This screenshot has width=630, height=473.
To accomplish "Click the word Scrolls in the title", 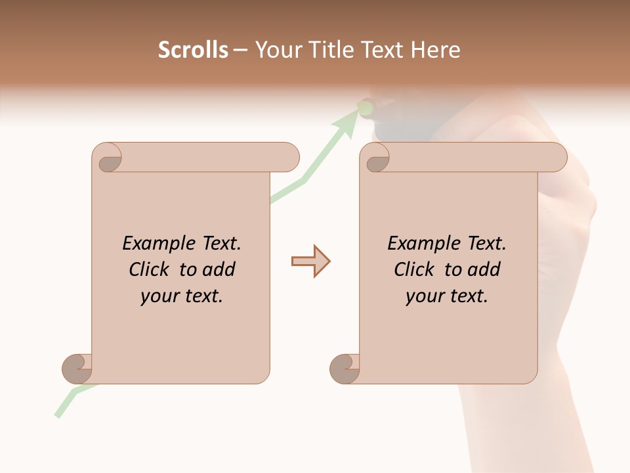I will pos(193,50).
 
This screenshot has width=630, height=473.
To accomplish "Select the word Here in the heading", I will pos(435,50).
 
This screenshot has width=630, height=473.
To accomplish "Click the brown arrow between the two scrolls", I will pos(310,261).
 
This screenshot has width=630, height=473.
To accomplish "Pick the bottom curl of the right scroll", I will pos(345,369).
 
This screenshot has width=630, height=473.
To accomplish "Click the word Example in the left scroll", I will pos(153,244).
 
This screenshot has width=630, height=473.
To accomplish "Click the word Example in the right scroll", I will pos(418,244).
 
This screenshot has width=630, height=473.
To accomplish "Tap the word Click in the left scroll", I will pos(148,269).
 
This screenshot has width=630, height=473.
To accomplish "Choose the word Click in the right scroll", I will pos(413,269).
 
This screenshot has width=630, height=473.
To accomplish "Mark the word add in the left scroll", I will pos(219,269).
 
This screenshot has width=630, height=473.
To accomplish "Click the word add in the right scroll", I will pos(484,269).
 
